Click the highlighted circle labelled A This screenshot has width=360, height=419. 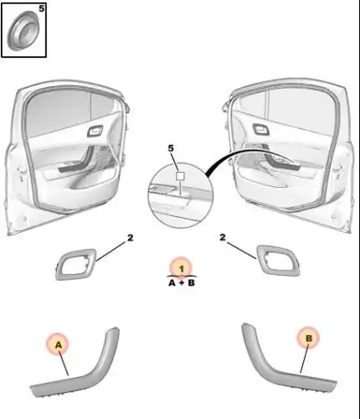58,344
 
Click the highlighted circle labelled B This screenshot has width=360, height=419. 308,338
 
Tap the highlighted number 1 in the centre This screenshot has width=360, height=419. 182,268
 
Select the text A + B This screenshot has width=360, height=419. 182,283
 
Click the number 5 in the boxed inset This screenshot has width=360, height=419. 41,8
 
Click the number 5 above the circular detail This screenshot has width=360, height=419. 171,148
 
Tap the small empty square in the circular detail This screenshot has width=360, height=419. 180,176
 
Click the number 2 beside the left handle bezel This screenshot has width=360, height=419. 130,238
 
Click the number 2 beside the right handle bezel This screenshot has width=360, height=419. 222,237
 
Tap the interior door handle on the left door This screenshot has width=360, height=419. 95,131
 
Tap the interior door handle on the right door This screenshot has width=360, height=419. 260,129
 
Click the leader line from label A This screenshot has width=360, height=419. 64,363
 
